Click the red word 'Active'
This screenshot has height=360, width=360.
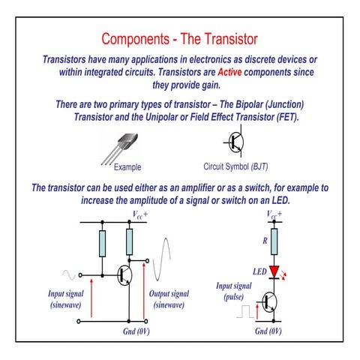[231, 73]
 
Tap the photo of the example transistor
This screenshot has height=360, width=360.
[122, 145]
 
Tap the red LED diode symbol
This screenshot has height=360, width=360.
[274, 271]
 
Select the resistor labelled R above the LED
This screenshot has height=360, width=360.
[274, 241]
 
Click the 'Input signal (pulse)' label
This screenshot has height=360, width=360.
[234, 291]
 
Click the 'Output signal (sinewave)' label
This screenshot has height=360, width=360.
[169, 299]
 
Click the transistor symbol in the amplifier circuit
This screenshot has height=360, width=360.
[124, 275]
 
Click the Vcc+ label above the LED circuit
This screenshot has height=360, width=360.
[275, 214]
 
